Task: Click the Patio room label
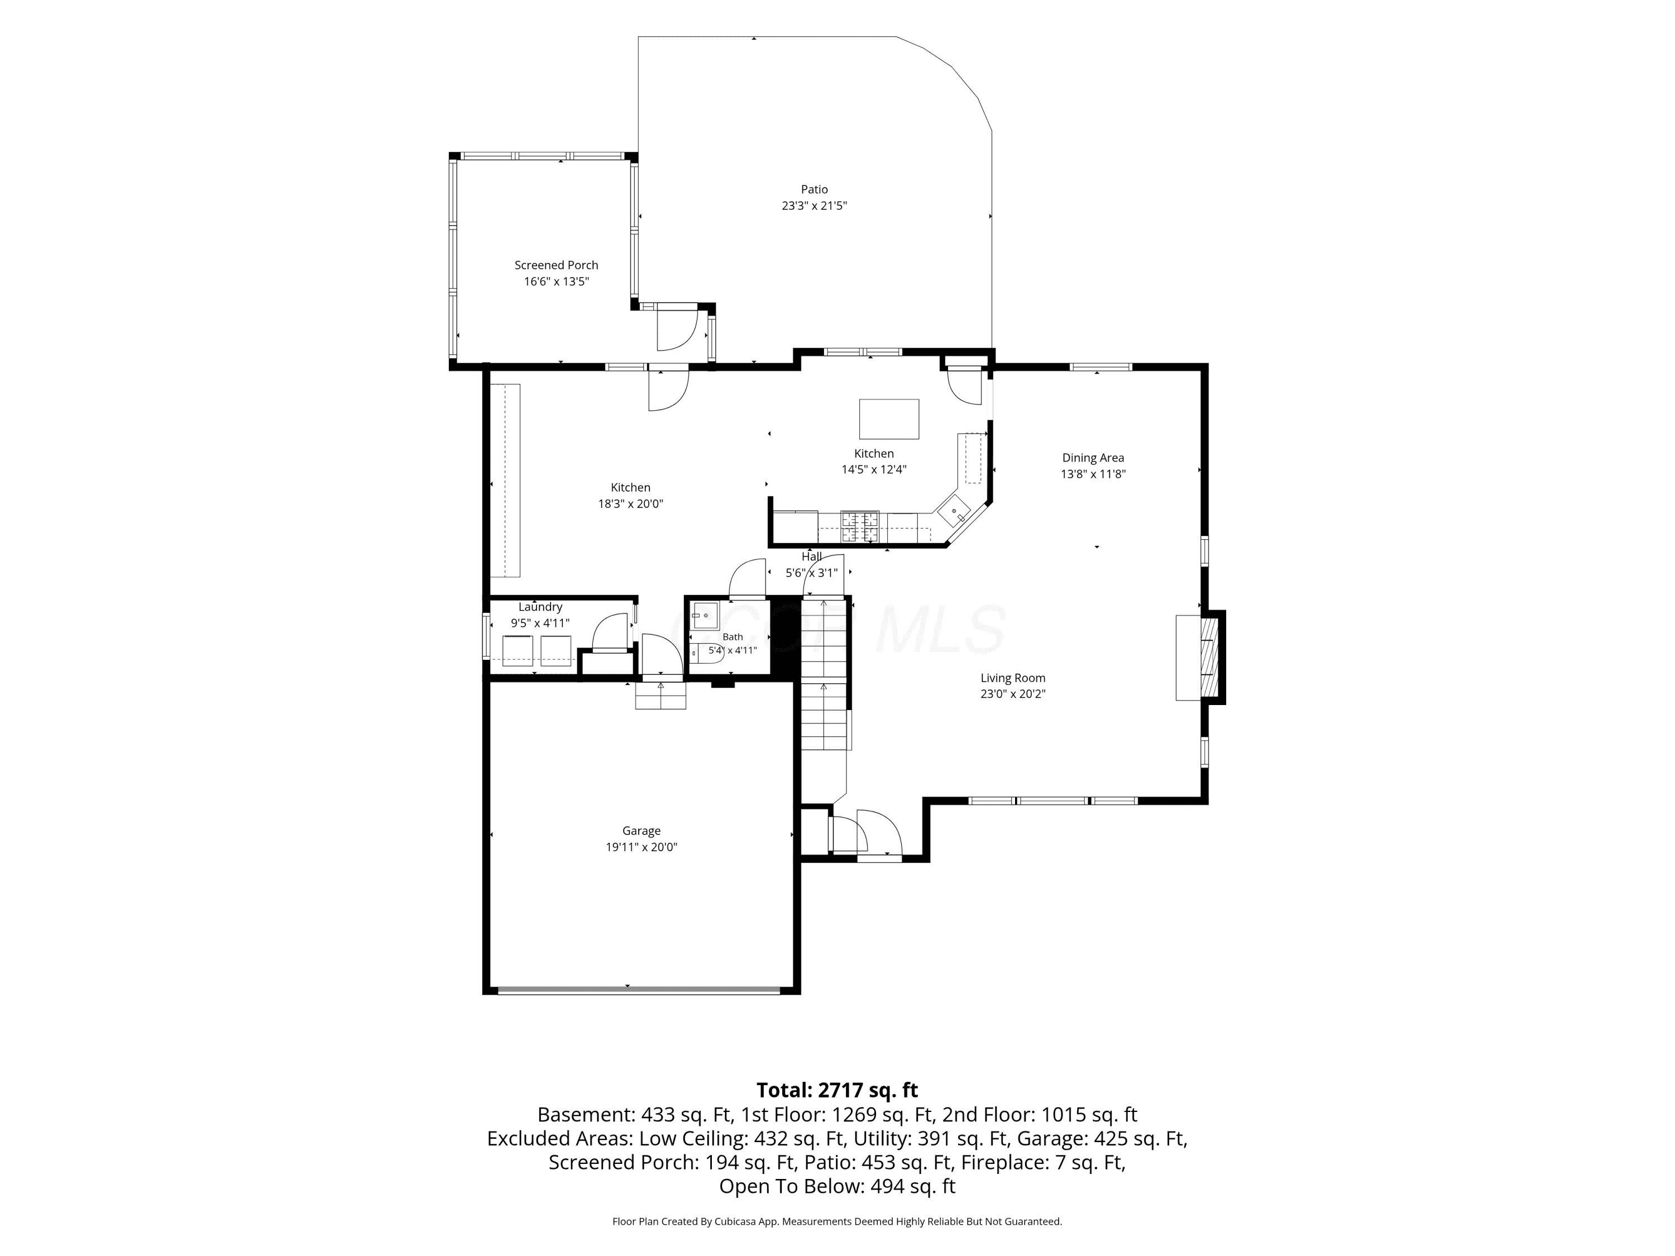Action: (x=814, y=189)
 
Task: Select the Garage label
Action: (x=642, y=831)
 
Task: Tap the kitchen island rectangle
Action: (x=889, y=419)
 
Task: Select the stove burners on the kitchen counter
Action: (x=859, y=527)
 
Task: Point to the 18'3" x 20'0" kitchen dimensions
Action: (x=631, y=504)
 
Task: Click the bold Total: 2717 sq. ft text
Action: (x=837, y=1090)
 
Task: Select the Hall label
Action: (x=812, y=557)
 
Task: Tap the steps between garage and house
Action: (x=661, y=695)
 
